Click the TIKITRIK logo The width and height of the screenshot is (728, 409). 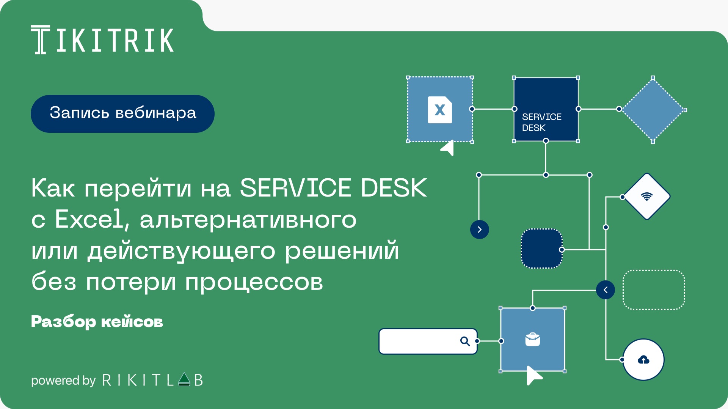click(102, 40)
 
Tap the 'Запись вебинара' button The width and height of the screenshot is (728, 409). click(122, 113)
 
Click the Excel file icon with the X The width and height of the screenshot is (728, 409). click(440, 110)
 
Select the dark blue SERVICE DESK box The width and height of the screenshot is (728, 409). click(546, 109)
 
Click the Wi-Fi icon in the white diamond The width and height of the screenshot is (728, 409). click(646, 197)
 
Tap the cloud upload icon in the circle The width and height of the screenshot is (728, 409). click(643, 360)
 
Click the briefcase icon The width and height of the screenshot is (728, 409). click(532, 340)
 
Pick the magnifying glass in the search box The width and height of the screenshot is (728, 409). click(465, 341)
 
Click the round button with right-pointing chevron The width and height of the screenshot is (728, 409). click(479, 230)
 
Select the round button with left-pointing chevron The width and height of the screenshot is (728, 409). click(606, 290)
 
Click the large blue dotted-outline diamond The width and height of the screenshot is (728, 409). click(653, 110)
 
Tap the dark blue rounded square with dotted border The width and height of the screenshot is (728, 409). click(541, 249)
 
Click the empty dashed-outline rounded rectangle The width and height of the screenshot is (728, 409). click(654, 290)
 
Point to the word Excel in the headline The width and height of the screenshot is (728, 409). click(89, 219)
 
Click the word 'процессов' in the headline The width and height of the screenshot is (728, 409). click(254, 282)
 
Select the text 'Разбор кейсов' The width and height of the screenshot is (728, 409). click(97, 322)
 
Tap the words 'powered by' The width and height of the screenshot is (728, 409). click(63, 380)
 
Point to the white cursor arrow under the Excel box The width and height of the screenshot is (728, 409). click(448, 148)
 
